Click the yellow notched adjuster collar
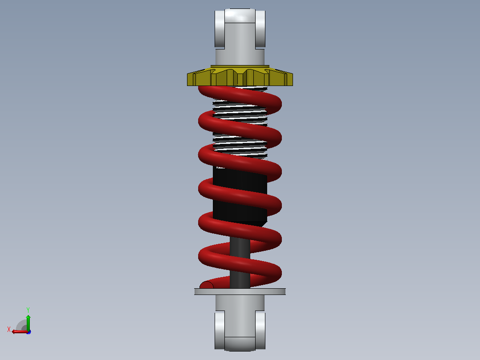240,77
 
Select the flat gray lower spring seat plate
240,291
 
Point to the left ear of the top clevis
220,29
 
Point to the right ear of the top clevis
260,29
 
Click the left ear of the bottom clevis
220,330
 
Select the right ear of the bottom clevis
260,330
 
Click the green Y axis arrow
28,323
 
